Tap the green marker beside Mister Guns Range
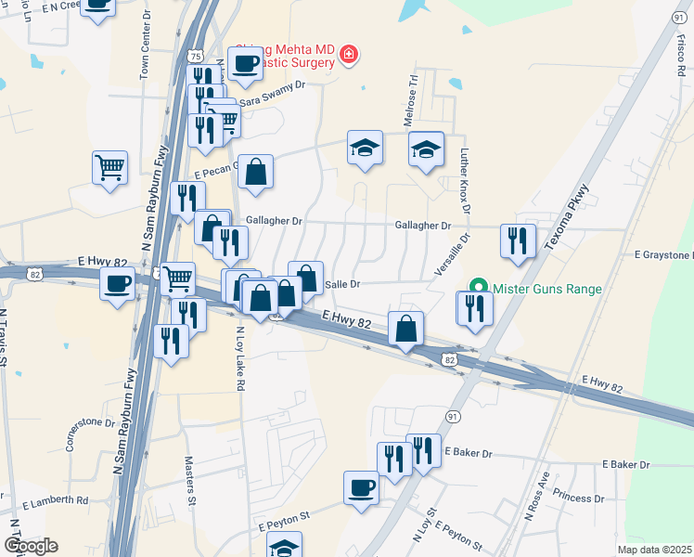tap(479, 288)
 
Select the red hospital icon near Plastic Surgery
tap(349, 55)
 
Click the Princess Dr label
tap(578, 499)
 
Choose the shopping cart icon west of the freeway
tap(109, 169)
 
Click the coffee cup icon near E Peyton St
tap(361, 487)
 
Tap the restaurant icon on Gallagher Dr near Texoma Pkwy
tap(517, 240)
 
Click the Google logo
tap(31, 546)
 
